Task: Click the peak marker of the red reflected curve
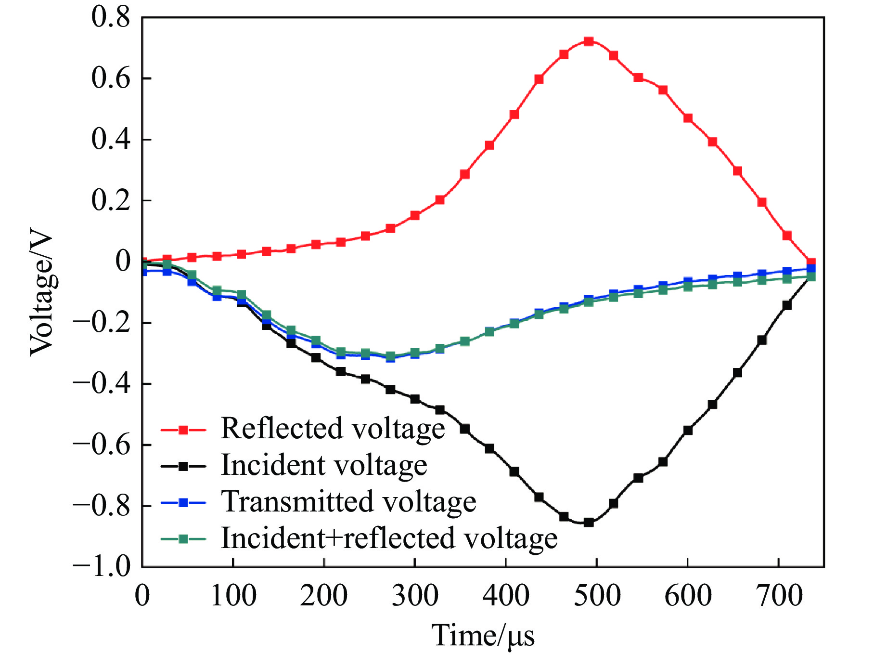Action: coord(588,41)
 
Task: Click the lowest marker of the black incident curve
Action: coord(588,522)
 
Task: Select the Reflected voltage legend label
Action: coord(333,428)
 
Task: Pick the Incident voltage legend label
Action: coord(324,465)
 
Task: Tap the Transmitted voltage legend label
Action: coord(348,501)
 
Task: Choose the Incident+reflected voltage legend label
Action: coord(389,538)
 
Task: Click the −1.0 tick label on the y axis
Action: coord(102,566)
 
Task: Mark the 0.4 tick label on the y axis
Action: coord(111,139)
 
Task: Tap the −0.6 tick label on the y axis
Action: coord(102,444)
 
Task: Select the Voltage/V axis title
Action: coord(42,295)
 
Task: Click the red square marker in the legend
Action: coord(183,430)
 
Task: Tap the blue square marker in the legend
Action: coord(183,503)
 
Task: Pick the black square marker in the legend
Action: coord(183,466)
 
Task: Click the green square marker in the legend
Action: coord(183,539)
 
